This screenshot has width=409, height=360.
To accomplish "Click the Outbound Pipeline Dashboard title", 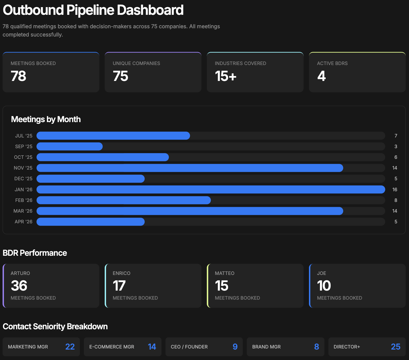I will click(93, 10).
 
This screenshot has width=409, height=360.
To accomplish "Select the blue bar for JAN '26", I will click(211, 189).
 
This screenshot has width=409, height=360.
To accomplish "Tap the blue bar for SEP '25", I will click(70, 147).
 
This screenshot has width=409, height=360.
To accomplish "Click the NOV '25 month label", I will click(23, 168).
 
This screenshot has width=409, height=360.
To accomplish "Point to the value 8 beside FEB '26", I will click(396, 200).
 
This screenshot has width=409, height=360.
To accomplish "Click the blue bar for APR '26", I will click(90, 222).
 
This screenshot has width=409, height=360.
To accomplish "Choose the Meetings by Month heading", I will click(46, 119).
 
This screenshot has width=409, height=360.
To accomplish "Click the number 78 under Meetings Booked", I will click(18, 76).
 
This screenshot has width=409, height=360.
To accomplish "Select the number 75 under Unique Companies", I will click(120, 76).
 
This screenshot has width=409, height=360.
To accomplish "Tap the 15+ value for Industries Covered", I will click(225, 76).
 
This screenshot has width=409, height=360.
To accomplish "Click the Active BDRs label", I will click(332, 63).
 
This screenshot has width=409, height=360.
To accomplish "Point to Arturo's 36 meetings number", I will click(19, 286).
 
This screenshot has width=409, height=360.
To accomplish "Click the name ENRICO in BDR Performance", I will click(121, 273).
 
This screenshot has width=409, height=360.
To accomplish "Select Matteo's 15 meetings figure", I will click(221, 286).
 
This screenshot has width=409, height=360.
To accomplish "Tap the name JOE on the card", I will click(321, 273).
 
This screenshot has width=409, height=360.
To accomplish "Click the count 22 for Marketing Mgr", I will click(70, 347).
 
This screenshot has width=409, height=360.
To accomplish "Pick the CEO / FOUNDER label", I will click(189, 347).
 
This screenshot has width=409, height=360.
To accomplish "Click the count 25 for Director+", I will click(395, 347).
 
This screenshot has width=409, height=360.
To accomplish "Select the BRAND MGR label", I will click(266, 347).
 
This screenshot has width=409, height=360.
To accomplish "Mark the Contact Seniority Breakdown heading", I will click(55, 327).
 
